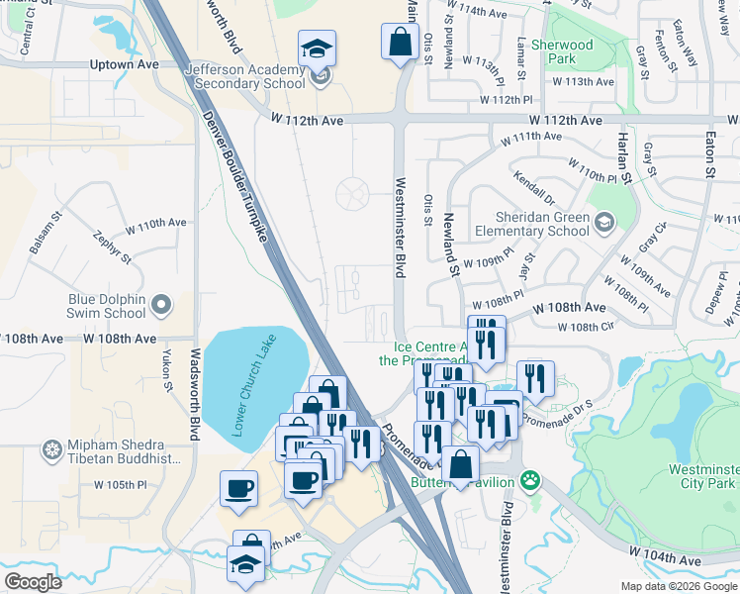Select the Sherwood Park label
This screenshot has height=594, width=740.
coord(562,51)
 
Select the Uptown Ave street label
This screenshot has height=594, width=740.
coord(126,64)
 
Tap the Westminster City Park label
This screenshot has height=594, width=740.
coord(700,475)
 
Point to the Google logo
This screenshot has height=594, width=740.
coord(34,582)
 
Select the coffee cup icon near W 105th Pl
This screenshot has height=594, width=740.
coord(238,488)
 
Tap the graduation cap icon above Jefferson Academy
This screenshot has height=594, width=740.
coord(317,48)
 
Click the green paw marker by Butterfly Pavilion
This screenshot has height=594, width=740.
coord(532,480)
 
